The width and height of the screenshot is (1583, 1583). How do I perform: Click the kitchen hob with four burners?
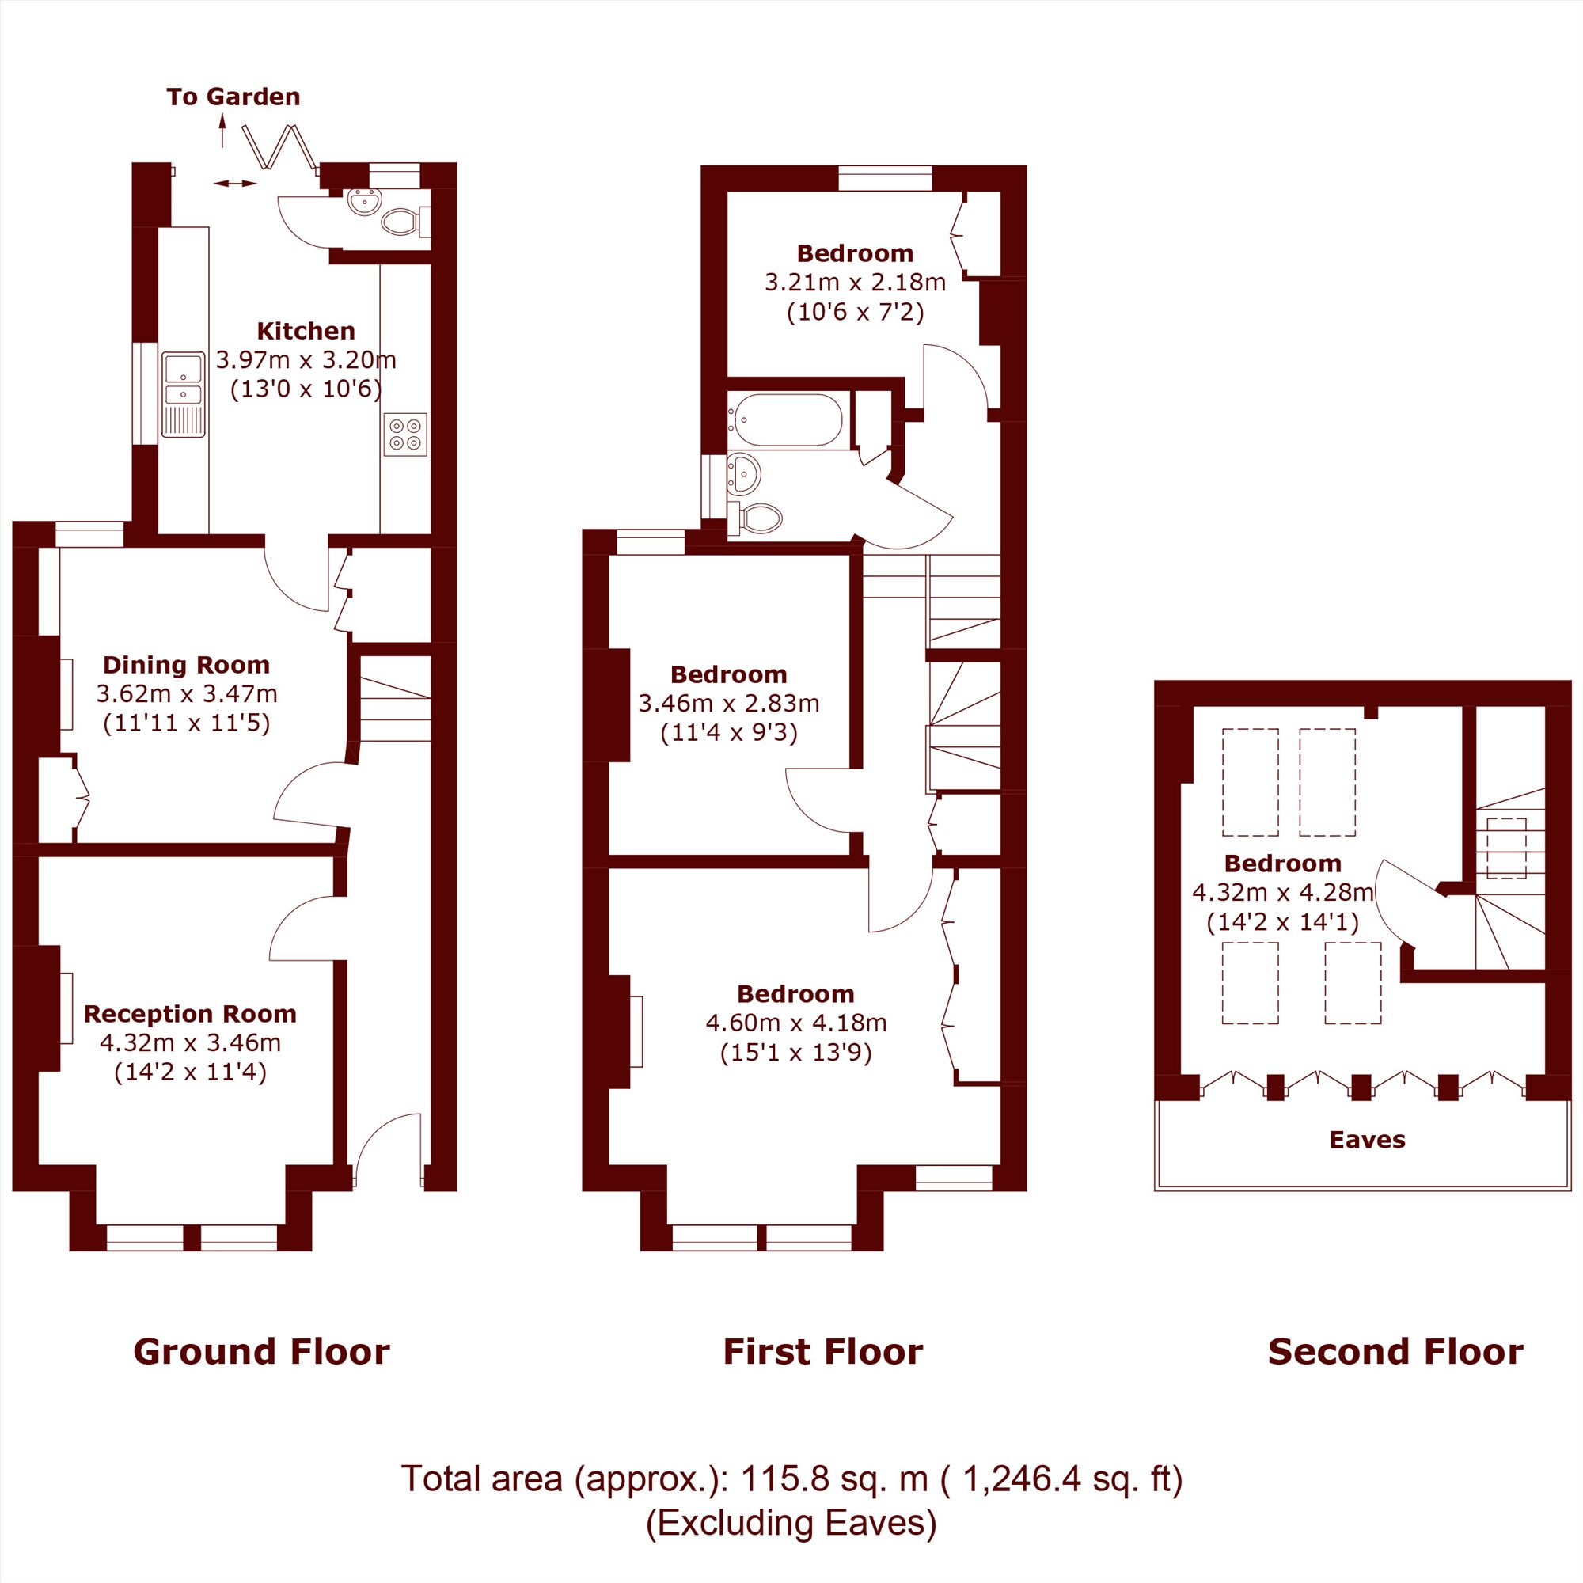click(x=404, y=435)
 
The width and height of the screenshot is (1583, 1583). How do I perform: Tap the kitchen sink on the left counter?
click(x=183, y=394)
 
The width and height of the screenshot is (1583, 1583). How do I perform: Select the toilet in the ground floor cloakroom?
click(x=405, y=222)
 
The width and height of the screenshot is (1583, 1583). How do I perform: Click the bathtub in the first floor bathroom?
click(x=786, y=420)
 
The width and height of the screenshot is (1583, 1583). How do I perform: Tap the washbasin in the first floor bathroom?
click(x=744, y=473)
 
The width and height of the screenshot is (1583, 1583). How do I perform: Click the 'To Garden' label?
click(x=233, y=97)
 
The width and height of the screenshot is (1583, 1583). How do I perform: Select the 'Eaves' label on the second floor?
click(x=1368, y=1139)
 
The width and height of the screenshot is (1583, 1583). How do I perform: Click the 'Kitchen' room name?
click(x=306, y=331)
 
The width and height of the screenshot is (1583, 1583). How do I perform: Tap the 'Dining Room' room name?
click(x=186, y=665)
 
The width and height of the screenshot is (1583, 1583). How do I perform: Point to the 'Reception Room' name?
click(x=190, y=1014)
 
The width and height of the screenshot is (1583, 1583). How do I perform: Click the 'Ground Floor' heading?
click(x=261, y=1352)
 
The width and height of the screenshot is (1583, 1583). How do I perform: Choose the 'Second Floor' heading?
click(x=1395, y=1352)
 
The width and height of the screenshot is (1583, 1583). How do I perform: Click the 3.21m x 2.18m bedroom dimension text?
click(x=855, y=283)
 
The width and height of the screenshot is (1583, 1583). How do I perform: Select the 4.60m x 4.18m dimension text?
click(x=795, y=1023)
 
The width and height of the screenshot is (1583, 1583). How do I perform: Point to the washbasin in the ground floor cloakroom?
click(x=364, y=201)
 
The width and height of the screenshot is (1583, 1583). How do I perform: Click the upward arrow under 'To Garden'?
click(x=222, y=131)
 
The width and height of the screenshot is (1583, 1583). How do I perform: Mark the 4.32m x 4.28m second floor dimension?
click(x=1282, y=891)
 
